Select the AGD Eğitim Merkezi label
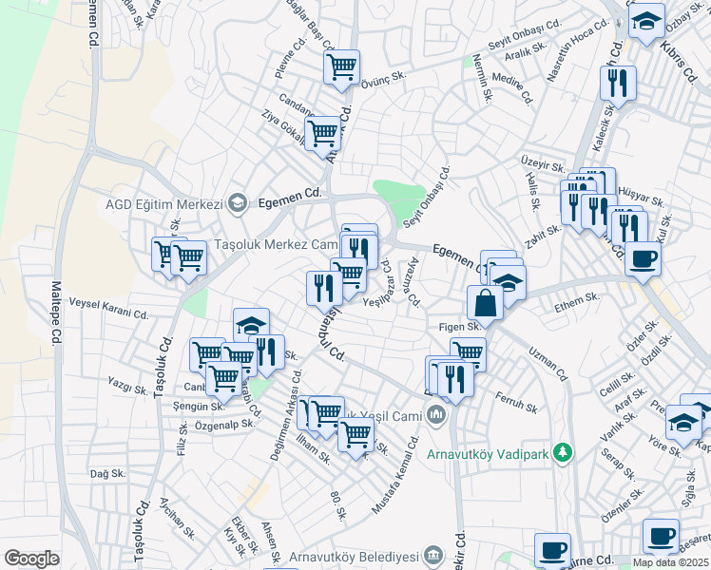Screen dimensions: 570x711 pos(163,203)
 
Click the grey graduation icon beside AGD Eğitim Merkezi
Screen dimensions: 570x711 pos(238,203)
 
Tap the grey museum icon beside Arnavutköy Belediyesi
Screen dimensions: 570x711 pos(433,554)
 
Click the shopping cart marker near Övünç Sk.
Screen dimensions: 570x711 pos(341,66)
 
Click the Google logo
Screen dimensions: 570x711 pos(31,559)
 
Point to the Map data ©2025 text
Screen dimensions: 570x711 pos(670,562)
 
